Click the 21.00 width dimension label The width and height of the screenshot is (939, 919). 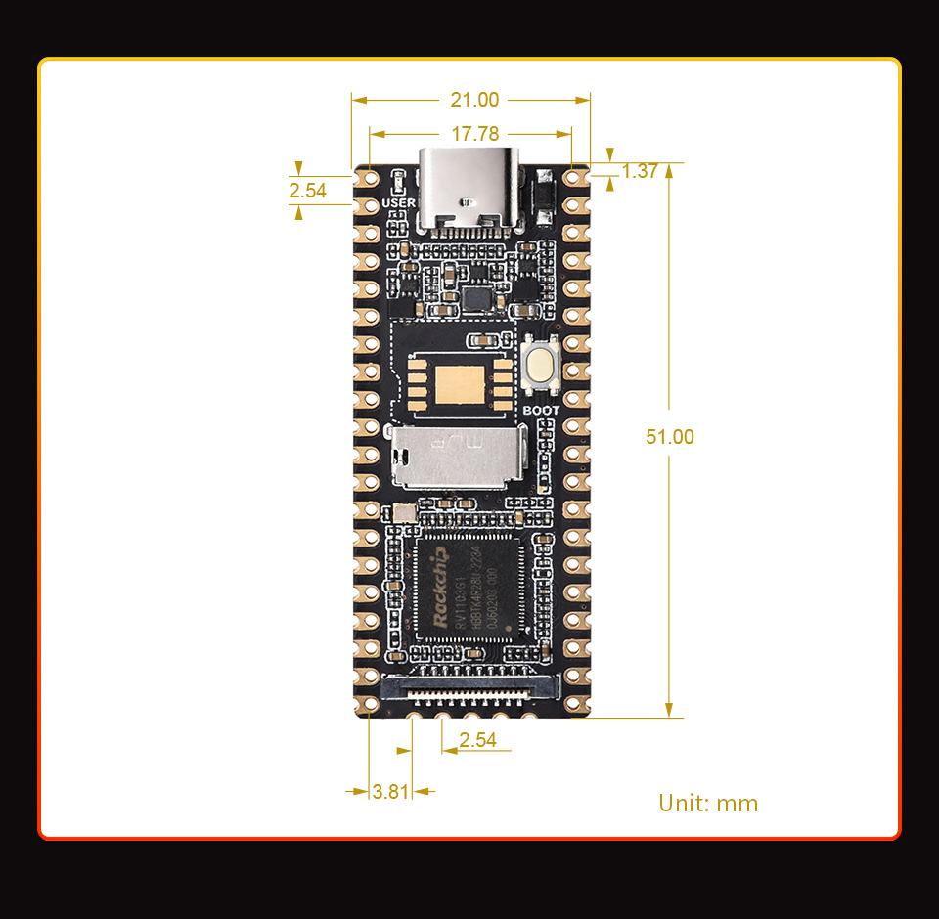(474, 100)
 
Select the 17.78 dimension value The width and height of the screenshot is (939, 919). (474, 133)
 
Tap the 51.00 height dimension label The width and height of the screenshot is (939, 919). (670, 437)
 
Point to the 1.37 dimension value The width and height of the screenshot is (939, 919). (640, 171)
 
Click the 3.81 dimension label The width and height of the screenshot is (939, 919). (390, 791)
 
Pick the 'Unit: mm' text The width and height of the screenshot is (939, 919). (708, 804)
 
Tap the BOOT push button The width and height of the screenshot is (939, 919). (541, 363)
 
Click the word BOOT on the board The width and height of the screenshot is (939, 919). (541, 411)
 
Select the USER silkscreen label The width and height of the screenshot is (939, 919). (399, 202)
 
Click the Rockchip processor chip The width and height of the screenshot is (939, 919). (469, 588)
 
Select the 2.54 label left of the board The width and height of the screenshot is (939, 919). (308, 191)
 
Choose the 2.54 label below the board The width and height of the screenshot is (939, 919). (477, 740)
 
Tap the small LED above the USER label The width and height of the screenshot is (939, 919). (399, 183)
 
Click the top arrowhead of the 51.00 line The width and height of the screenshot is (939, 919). (669, 170)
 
